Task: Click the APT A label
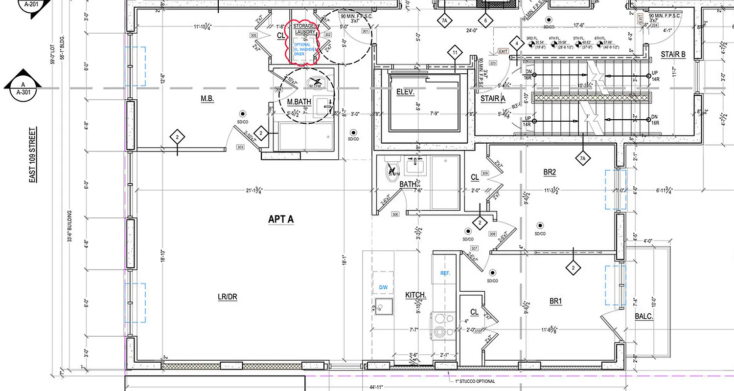coord(281,219)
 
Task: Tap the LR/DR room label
coord(228,297)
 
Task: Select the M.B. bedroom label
coord(207,99)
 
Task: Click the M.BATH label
coord(299,102)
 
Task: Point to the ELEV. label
coord(405,92)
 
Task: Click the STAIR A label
coord(493,98)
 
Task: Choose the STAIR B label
coord(673,54)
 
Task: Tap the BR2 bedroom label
coord(550,172)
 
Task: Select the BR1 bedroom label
coord(555,302)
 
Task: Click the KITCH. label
coord(416,296)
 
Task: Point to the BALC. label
coord(644,317)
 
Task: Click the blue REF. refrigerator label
coord(445,273)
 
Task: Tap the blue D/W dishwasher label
coord(383,287)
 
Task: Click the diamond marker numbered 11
coord(455,52)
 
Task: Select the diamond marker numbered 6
coord(485,21)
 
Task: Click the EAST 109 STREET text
coord(33,155)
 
